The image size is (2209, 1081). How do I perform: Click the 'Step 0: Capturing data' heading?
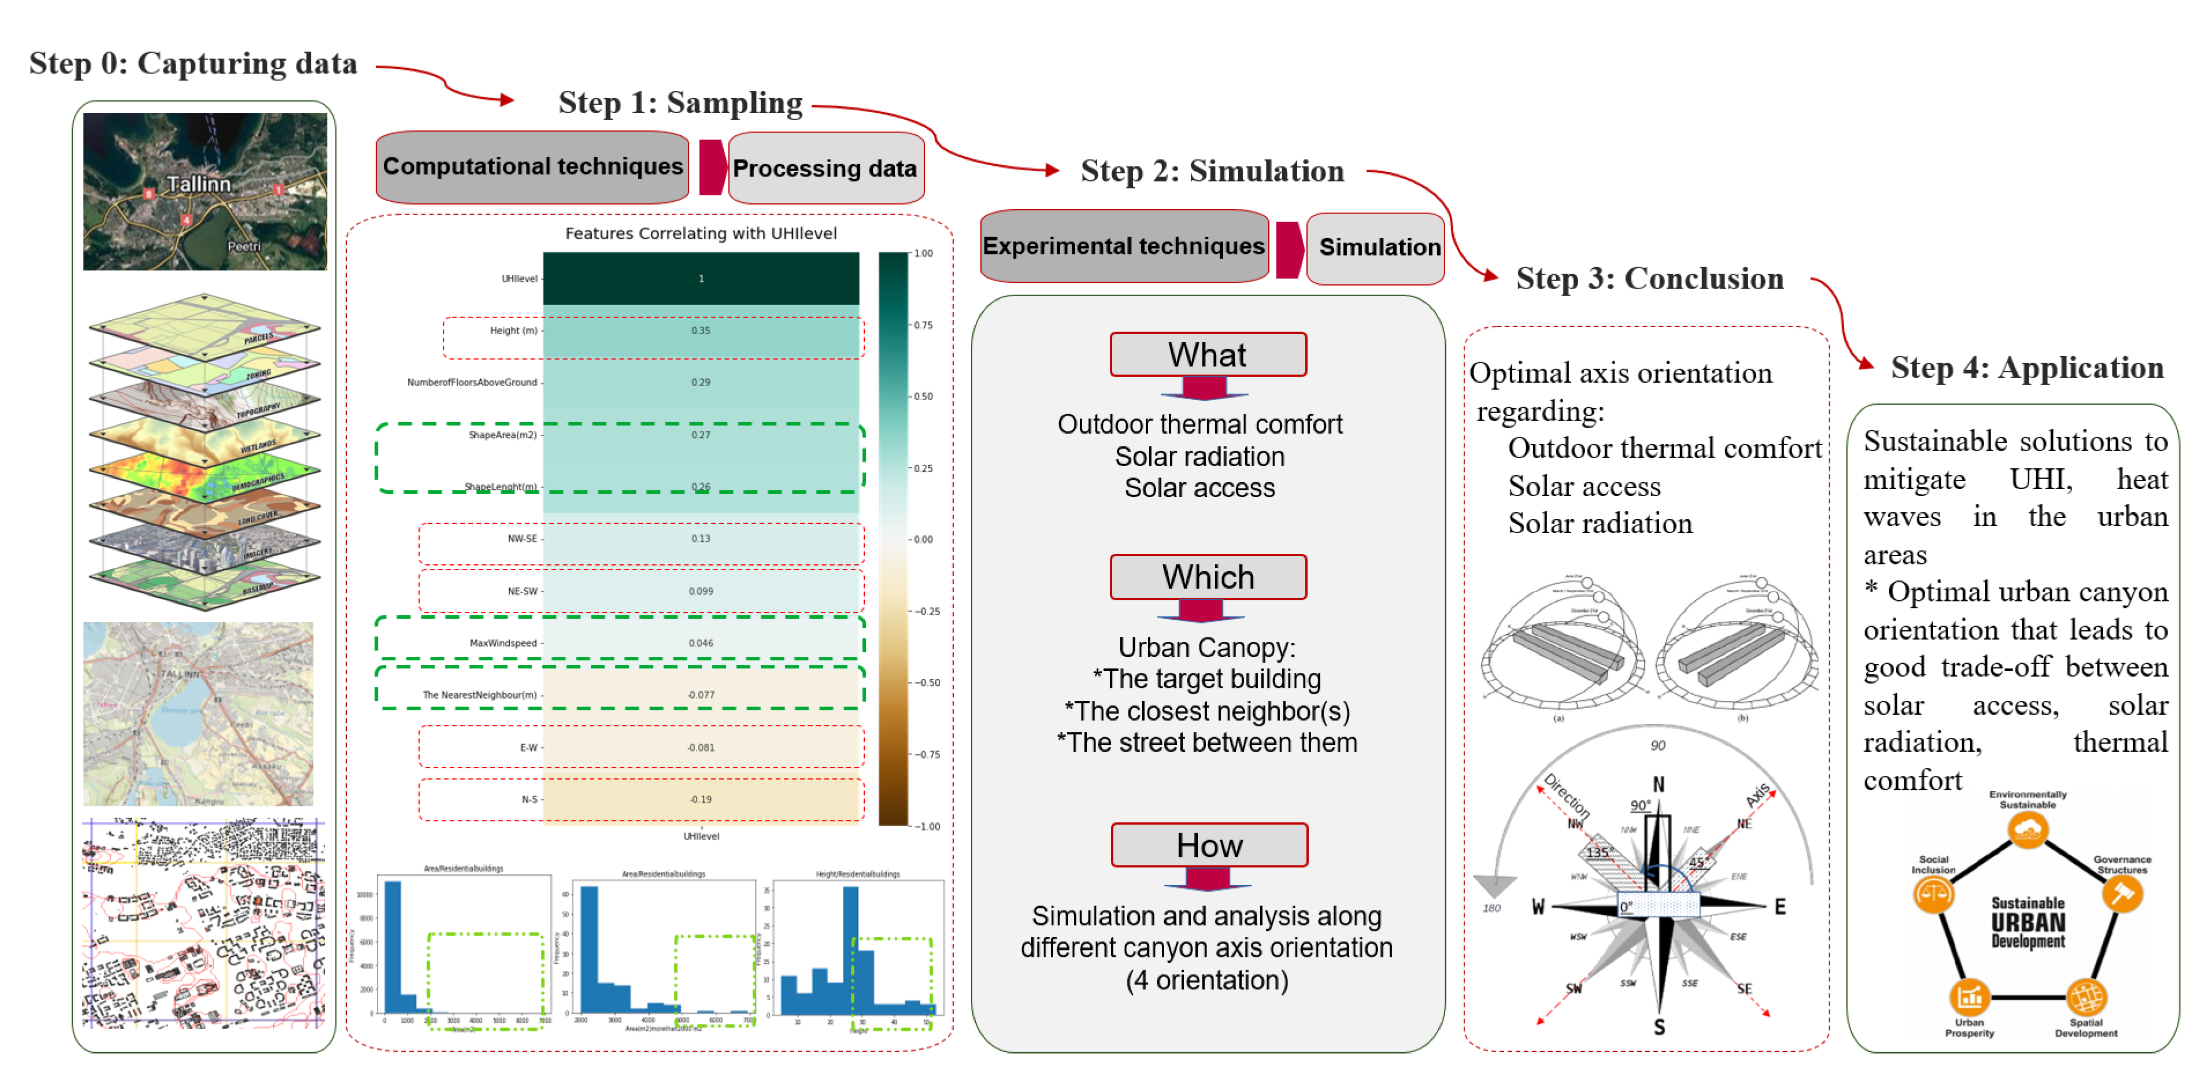click(193, 64)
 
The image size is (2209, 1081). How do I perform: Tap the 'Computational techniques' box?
click(532, 167)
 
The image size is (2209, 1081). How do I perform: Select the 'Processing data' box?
click(825, 168)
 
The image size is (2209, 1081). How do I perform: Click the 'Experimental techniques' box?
click(1123, 246)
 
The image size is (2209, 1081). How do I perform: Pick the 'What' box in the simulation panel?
click(1207, 354)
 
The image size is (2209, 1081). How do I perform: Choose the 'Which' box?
click(1207, 577)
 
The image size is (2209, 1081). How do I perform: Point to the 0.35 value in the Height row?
click(701, 330)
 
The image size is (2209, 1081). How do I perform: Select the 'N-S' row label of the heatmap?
click(529, 799)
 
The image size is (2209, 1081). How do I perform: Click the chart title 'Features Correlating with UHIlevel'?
click(701, 234)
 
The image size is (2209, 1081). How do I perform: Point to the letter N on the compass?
click(1659, 784)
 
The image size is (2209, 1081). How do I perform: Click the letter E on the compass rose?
click(1780, 907)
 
